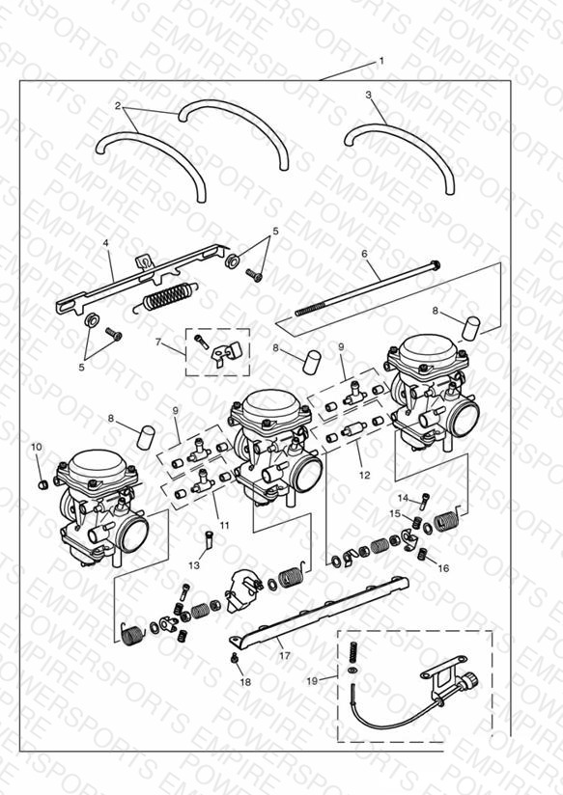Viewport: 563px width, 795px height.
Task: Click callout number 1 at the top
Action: pos(381,62)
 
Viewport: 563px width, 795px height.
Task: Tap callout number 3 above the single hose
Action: pos(369,95)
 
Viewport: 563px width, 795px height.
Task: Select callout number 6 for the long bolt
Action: pos(364,254)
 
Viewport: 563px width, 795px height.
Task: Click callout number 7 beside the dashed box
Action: pos(157,343)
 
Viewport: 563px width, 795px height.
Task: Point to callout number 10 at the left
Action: pos(37,448)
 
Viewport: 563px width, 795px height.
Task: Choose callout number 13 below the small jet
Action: pos(194,565)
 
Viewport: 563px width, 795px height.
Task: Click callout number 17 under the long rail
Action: pos(285,655)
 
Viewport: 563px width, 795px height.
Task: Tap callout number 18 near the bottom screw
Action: pos(245,682)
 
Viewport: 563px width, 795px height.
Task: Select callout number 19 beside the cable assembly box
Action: pos(312,681)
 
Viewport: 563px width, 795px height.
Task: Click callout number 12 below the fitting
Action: pos(364,475)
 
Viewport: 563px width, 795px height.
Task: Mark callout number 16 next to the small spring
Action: pos(443,568)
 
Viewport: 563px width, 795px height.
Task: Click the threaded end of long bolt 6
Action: pos(308,311)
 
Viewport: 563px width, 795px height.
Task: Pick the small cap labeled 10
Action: pos(43,485)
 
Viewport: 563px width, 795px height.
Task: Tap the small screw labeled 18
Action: pos(235,658)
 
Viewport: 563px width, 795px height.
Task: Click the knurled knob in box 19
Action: pos(470,678)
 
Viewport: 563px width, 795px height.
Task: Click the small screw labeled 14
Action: pos(424,501)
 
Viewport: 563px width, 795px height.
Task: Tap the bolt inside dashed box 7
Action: pos(201,342)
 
